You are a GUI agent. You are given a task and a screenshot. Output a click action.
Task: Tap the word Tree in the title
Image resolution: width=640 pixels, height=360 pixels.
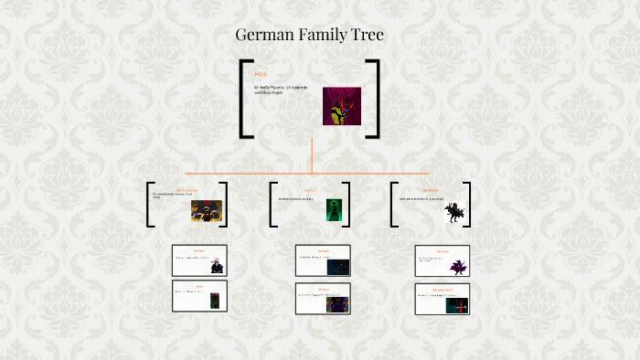tap(366, 36)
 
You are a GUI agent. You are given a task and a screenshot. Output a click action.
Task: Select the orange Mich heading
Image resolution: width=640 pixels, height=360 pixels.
tap(261, 73)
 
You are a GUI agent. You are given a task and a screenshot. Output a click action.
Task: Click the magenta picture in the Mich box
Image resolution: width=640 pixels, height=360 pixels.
tap(341, 106)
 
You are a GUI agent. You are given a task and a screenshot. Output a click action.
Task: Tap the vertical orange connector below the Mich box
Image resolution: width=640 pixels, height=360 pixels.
tap(312, 155)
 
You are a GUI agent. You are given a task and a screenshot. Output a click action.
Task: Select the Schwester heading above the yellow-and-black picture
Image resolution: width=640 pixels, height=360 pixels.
tap(186, 190)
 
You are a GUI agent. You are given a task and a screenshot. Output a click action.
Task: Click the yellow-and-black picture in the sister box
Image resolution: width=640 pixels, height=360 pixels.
tap(207, 211)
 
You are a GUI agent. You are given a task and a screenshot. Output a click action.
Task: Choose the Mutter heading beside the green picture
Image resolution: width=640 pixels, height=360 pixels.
tap(309, 190)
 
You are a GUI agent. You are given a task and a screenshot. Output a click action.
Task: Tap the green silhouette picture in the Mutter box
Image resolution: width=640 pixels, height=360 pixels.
tap(333, 210)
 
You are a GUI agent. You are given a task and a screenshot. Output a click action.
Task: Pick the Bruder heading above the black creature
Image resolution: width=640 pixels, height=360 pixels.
tap(431, 190)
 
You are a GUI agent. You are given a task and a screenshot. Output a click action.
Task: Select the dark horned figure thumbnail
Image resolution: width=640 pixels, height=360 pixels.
tap(216, 266)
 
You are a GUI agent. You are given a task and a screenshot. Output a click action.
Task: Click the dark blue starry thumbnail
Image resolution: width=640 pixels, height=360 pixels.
tap(336, 267)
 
